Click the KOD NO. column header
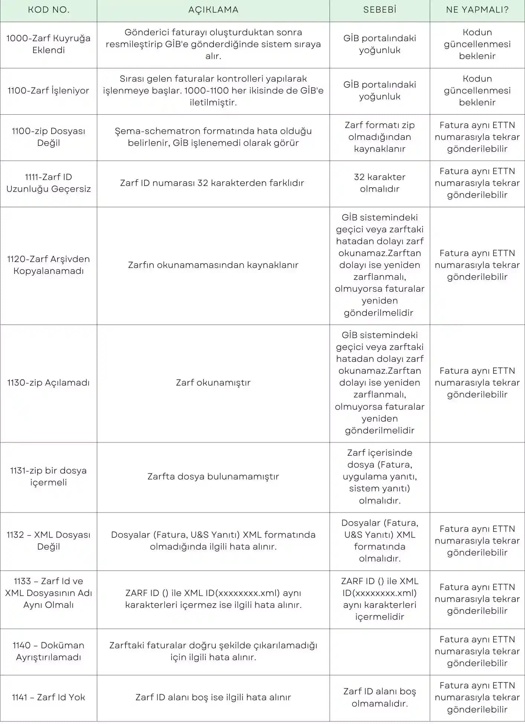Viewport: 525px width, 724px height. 49,10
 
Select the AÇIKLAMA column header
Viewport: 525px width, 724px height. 213,10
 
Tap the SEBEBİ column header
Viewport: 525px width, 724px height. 379,10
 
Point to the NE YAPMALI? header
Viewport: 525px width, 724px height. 477,10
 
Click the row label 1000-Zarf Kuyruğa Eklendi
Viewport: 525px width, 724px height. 49,44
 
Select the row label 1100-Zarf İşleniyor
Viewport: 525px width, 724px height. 49,91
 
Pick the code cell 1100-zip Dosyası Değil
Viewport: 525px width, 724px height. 49,137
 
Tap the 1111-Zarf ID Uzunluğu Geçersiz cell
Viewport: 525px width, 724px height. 49,183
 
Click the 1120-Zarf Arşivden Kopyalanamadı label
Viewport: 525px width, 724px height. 49,265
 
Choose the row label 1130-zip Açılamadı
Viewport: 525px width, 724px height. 49,383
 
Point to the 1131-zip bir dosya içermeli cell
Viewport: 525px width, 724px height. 49,476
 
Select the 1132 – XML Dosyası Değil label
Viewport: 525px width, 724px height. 49,541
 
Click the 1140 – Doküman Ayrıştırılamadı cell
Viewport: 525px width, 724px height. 49,651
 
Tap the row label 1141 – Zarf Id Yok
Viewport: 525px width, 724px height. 49,697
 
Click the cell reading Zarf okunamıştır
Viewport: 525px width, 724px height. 213,383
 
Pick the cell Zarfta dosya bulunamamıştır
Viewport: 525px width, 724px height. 213,476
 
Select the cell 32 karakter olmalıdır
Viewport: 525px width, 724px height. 379,183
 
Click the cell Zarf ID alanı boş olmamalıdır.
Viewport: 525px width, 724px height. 379,697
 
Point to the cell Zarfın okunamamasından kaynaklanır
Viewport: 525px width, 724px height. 213,265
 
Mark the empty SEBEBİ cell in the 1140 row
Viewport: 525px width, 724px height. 379,651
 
